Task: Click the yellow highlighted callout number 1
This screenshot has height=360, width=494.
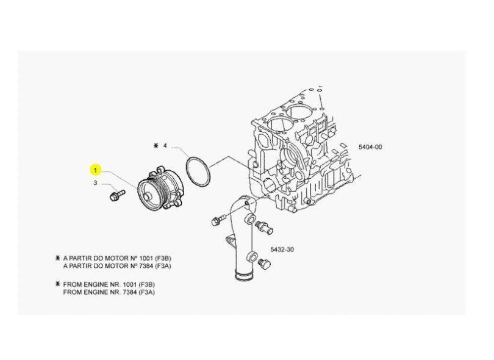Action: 95,170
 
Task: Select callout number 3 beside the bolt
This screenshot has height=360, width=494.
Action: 95,183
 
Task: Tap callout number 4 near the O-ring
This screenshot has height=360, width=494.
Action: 165,146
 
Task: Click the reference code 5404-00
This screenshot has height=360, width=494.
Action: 370,147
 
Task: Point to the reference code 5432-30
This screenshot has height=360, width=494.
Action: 282,250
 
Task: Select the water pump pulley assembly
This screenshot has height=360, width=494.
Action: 160,191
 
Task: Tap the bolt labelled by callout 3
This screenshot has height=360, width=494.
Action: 117,195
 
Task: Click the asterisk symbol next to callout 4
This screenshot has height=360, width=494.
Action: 156,146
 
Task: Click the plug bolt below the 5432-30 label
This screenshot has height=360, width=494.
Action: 264,264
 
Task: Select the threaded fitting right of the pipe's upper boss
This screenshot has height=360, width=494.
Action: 264,226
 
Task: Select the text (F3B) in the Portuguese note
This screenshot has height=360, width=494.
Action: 163,258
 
